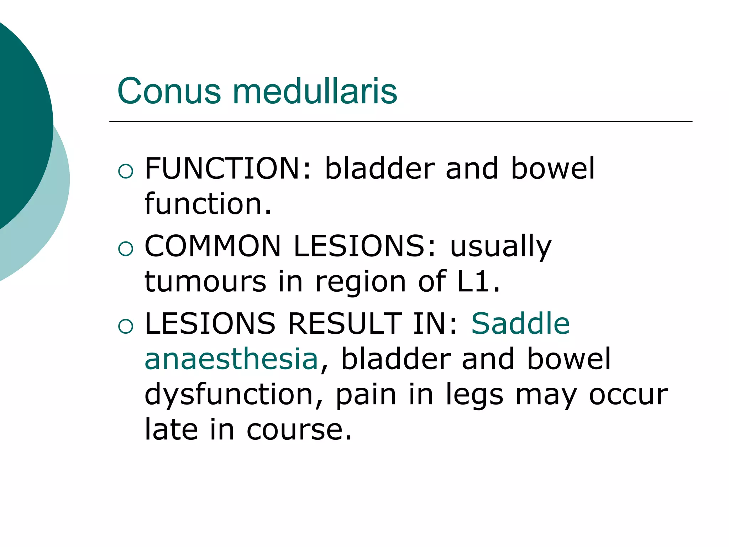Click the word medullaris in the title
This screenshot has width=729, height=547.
[315, 92]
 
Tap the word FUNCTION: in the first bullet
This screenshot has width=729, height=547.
[228, 168]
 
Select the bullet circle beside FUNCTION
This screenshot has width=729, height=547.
[126, 171]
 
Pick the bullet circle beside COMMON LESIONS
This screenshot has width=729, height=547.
[126, 249]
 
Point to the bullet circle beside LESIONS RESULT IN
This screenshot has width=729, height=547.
[126, 326]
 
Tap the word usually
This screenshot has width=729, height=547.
[501, 247]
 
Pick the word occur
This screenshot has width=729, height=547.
[628, 395]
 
